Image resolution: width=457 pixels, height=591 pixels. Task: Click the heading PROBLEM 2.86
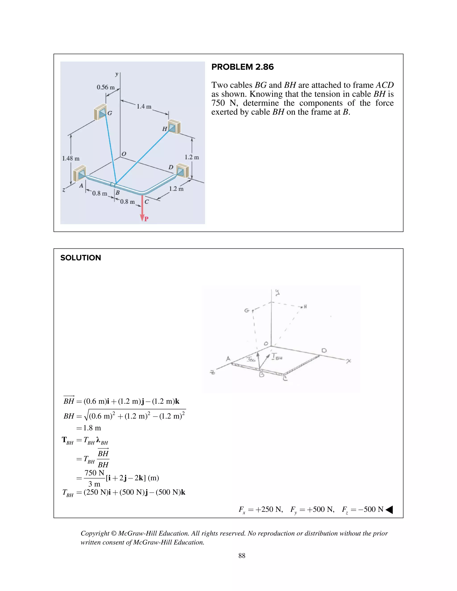tap(242, 67)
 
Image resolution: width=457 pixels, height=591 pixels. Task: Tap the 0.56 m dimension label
tap(106, 87)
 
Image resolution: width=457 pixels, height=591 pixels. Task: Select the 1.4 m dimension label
tap(144, 106)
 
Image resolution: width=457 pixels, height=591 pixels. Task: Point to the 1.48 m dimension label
tap(71, 158)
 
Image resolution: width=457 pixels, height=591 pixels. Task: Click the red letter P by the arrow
tap(146, 219)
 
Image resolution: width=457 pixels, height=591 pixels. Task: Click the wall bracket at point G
tap(100, 112)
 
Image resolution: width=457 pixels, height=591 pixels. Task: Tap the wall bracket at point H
tap(174, 127)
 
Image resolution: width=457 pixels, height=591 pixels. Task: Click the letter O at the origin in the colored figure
tap(124, 154)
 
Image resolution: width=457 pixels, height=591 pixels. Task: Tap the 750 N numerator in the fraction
tap(94, 473)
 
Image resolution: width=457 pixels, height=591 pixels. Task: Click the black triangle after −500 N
tap(389, 510)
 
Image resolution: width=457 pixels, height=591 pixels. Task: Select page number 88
tap(242, 556)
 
